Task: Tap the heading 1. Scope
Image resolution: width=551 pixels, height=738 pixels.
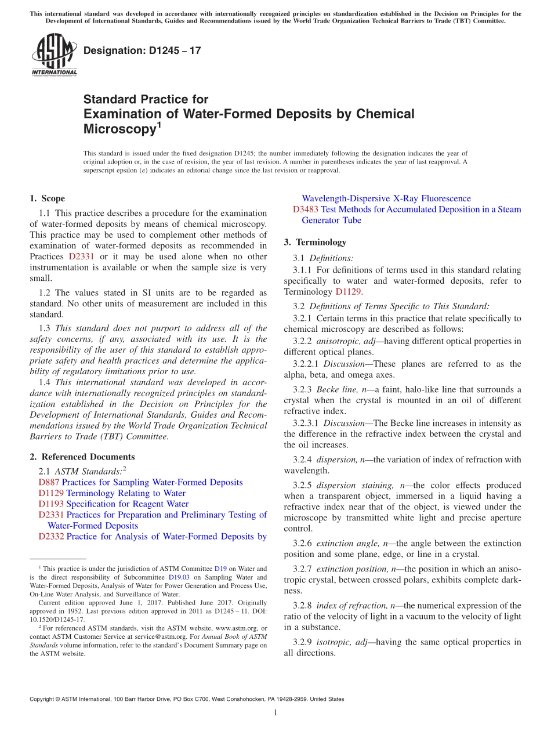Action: (47, 198)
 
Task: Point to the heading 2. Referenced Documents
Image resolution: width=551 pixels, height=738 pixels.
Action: (82, 457)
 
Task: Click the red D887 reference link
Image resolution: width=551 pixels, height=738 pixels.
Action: (49, 482)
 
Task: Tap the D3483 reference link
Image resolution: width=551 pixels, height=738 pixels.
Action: (305, 209)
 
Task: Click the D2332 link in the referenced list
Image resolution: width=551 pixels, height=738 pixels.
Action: (51, 536)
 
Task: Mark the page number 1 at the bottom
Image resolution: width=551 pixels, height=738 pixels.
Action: (275, 713)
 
